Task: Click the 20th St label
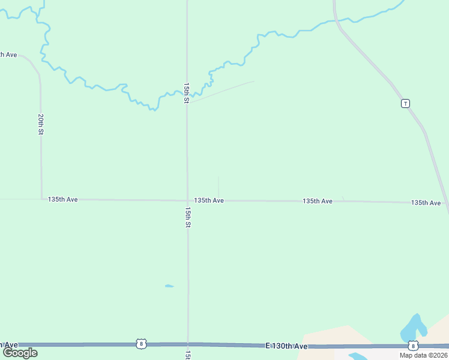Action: [40, 124]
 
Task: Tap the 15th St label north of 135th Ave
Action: [187, 93]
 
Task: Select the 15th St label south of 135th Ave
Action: [188, 217]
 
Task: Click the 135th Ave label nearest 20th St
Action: [63, 199]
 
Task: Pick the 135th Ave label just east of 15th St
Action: [209, 200]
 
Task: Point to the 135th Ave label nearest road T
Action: [426, 203]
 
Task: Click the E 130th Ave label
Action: [286, 346]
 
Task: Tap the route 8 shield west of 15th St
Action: [140, 344]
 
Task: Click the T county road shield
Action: [406, 103]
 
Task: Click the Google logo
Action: [20, 353]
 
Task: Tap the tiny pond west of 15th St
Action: [169, 286]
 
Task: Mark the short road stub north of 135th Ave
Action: [218, 187]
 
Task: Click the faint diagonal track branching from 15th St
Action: [222, 91]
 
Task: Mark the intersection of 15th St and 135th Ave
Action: [187, 200]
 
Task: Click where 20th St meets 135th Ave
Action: [41, 199]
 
